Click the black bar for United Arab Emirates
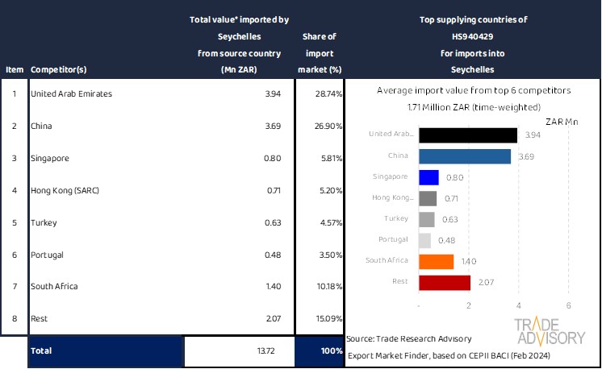tap(468, 135)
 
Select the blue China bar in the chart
tap(465, 155)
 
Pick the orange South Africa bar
tap(437, 261)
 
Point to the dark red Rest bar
tap(445, 282)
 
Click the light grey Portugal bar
tap(425, 240)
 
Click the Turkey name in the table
tap(42, 222)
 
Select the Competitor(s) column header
tap(59, 69)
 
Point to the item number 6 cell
tap(14, 255)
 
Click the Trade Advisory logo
tap(550, 330)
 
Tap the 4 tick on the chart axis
tap(519, 306)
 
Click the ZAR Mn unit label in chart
tap(562, 122)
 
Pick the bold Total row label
tap(42, 352)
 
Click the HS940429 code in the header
tap(472, 36)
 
